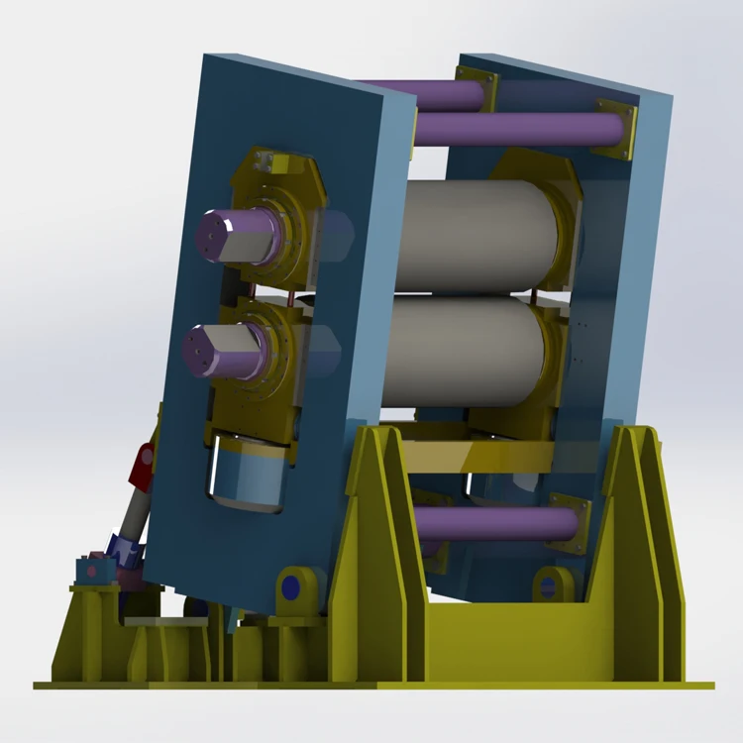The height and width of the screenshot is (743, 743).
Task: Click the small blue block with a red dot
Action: click(x=92, y=570)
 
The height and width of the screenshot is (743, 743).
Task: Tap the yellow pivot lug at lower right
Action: click(x=552, y=584)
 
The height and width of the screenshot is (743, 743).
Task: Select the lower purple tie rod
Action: click(x=495, y=523)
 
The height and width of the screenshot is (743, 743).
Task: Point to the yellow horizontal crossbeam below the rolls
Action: click(x=480, y=456)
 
